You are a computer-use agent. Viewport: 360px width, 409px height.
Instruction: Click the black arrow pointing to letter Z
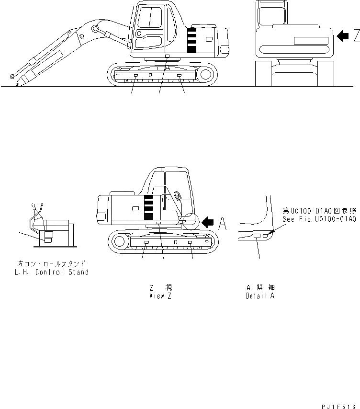tap(342, 36)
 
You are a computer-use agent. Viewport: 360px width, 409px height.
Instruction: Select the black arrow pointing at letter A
tap(208, 222)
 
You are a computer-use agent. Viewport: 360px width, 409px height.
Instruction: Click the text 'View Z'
tap(160, 296)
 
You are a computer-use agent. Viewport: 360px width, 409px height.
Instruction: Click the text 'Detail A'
tap(260, 296)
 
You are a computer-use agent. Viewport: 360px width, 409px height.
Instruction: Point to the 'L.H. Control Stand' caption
tap(52, 272)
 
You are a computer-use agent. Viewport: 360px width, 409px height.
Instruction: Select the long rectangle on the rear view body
tap(311, 41)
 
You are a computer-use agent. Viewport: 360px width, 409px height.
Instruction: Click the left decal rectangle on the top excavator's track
tap(136, 76)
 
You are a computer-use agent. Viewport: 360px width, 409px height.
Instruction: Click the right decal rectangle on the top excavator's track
tap(179, 76)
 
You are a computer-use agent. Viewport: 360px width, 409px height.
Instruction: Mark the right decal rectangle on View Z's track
tap(190, 243)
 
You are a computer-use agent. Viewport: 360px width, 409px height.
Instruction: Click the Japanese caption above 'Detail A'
tap(260, 287)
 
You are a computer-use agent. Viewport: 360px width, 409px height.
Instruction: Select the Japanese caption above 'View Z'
tap(160, 287)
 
